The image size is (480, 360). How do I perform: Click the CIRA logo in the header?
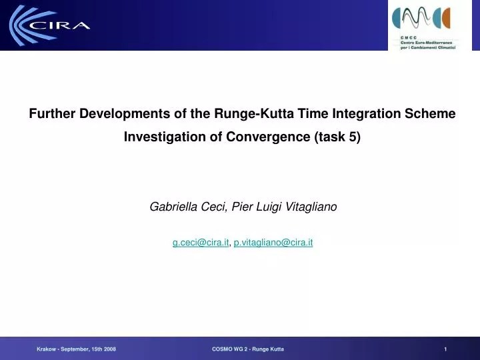tap(50, 25)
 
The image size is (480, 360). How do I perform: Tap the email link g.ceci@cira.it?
tap(201, 243)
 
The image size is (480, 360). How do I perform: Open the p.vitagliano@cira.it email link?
tap(273, 243)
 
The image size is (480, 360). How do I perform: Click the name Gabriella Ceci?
tap(187, 207)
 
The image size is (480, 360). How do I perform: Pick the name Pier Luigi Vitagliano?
tap(285, 207)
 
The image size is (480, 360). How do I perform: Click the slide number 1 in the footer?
tap(445, 349)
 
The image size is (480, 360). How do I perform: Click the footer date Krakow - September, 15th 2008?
tap(76, 349)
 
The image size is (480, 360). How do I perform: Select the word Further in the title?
tap(52, 114)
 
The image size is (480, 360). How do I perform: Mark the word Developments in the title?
tap(123, 114)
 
